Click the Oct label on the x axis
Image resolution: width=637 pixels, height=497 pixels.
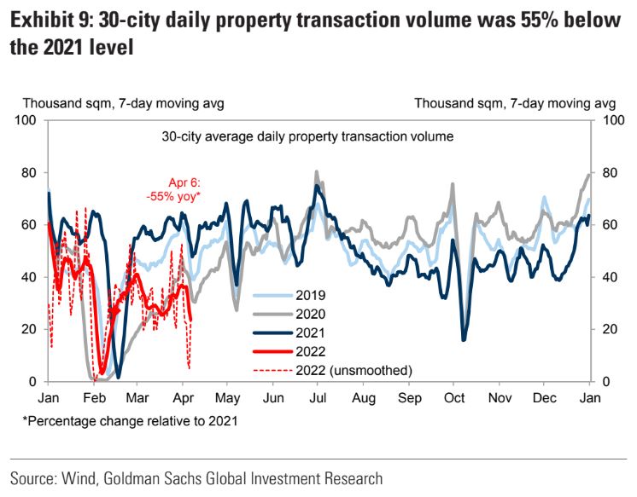click(x=454, y=397)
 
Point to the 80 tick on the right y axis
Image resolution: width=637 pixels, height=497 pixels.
click(x=609, y=172)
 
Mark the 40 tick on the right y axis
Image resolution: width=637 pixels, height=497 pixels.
click(x=609, y=277)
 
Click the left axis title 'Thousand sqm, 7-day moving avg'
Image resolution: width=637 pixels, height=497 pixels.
click(x=123, y=103)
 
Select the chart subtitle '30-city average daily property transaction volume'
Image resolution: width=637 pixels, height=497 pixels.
click(x=307, y=136)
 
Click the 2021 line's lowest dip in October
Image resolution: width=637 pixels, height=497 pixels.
click(x=464, y=339)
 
